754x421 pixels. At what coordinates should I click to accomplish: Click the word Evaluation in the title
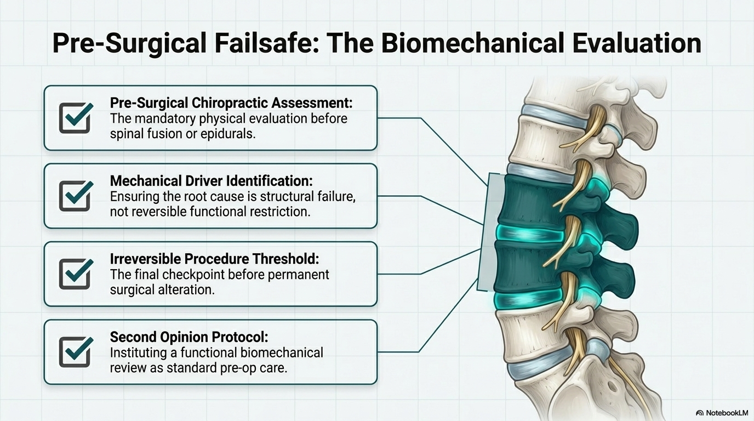click(637, 44)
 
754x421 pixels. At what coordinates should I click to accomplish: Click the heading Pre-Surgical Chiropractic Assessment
click(231, 103)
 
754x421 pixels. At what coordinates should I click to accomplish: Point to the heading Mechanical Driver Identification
click(212, 181)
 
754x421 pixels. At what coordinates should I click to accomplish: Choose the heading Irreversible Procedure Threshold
click(214, 259)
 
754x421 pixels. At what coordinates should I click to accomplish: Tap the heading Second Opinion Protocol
click(189, 337)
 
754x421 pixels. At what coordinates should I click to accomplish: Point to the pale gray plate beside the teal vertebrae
click(489, 232)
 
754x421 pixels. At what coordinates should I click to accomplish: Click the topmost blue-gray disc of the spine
click(552, 116)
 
